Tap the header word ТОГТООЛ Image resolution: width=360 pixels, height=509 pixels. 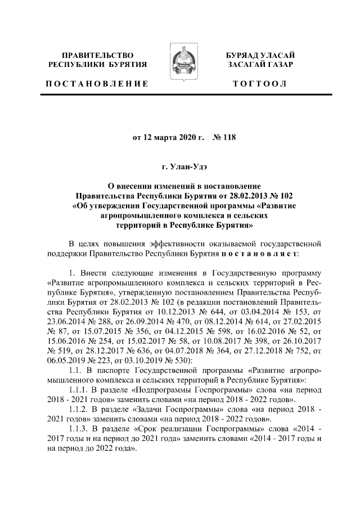[x=260, y=84]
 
